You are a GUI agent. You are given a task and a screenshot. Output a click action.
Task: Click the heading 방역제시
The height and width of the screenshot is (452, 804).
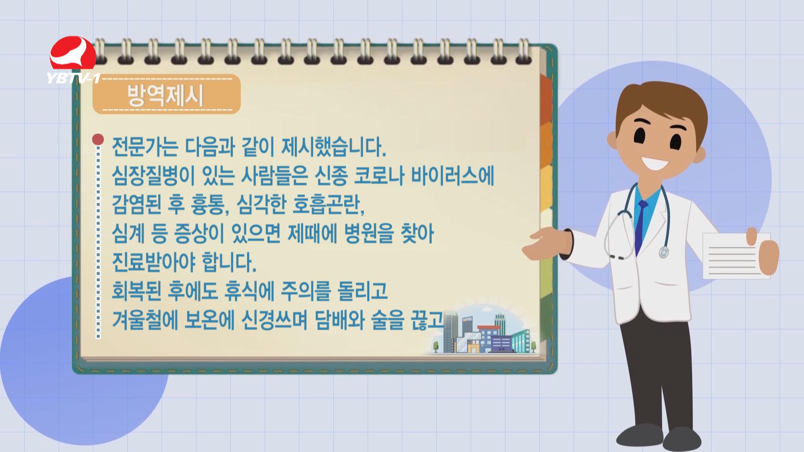165,95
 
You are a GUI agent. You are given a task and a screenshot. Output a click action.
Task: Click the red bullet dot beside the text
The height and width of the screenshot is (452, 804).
98,139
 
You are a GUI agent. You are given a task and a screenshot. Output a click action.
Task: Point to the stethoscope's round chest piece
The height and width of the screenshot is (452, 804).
663,252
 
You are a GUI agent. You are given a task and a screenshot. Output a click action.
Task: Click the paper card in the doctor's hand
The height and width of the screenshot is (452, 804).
735,256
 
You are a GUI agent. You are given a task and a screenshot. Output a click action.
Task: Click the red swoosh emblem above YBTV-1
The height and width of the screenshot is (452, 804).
73,54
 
